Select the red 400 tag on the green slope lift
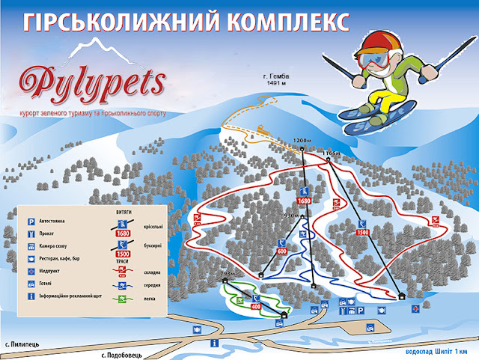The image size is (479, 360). [256, 306]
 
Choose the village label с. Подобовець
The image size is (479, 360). [126, 353]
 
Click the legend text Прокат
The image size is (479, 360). [50, 234]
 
